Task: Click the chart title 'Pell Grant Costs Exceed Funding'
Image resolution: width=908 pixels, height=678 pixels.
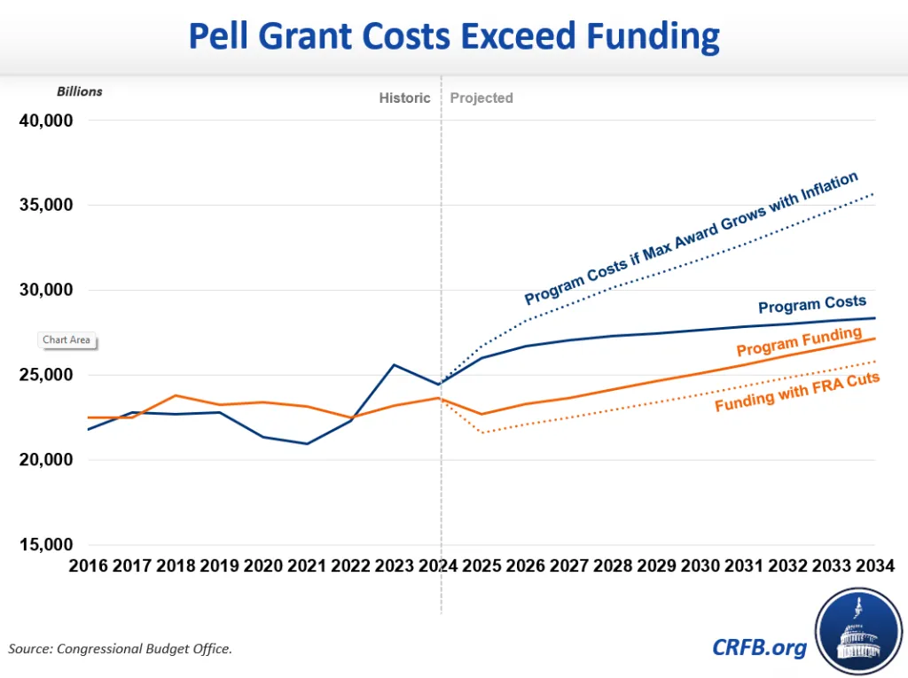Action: [x=454, y=37]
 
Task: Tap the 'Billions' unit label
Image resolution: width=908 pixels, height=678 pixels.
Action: [x=80, y=91]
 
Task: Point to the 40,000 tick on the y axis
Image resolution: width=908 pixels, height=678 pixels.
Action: [x=46, y=121]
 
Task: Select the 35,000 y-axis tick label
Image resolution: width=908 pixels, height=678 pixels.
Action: [x=46, y=205]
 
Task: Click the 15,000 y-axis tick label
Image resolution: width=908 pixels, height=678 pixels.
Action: [x=46, y=545]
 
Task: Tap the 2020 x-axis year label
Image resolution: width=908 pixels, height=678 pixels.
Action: [x=264, y=565]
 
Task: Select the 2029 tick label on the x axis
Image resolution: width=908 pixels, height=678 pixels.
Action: [x=656, y=565]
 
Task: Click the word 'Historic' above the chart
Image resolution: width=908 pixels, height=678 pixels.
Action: [x=404, y=98]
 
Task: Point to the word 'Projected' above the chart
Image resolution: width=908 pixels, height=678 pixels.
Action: [x=481, y=98]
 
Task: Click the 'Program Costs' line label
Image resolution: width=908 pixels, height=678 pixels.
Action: [x=811, y=306]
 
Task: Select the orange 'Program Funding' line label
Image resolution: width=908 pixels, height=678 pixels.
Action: [x=799, y=341]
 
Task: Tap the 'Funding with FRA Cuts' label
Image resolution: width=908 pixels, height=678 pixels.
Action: [x=796, y=392]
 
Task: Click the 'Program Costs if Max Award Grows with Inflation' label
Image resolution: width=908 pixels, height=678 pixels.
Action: [x=692, y=238]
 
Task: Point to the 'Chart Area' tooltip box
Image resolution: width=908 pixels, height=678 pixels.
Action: [x=67, y=340]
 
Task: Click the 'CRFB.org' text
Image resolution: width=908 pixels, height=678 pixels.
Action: [x=760, y=647]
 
